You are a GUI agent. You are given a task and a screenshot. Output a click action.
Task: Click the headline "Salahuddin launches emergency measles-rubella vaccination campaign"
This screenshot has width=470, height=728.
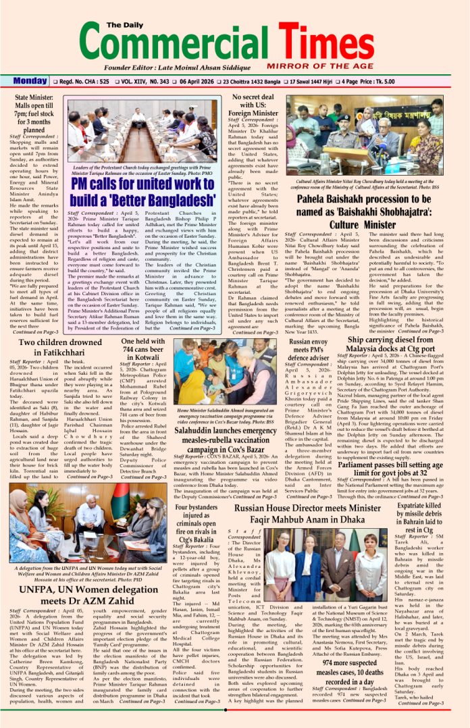[x=220, y=441]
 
